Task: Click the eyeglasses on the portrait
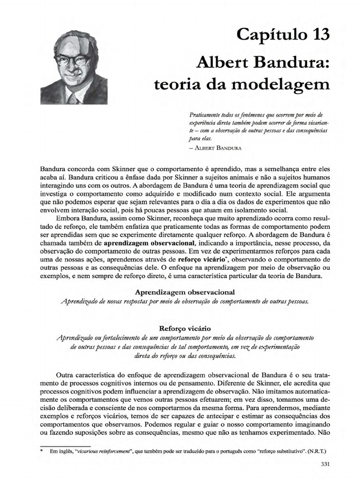pyautogui.click(x=73, y=60)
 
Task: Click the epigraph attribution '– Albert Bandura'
pyautogui.click(x=215, y=147)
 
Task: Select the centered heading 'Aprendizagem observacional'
pyautogui.click(x=185, y=292)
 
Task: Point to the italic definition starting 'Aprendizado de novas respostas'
pyautogui.click(x=185, y=301)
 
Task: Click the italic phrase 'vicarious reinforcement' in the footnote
pyautogui.click(x=103, y=452)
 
